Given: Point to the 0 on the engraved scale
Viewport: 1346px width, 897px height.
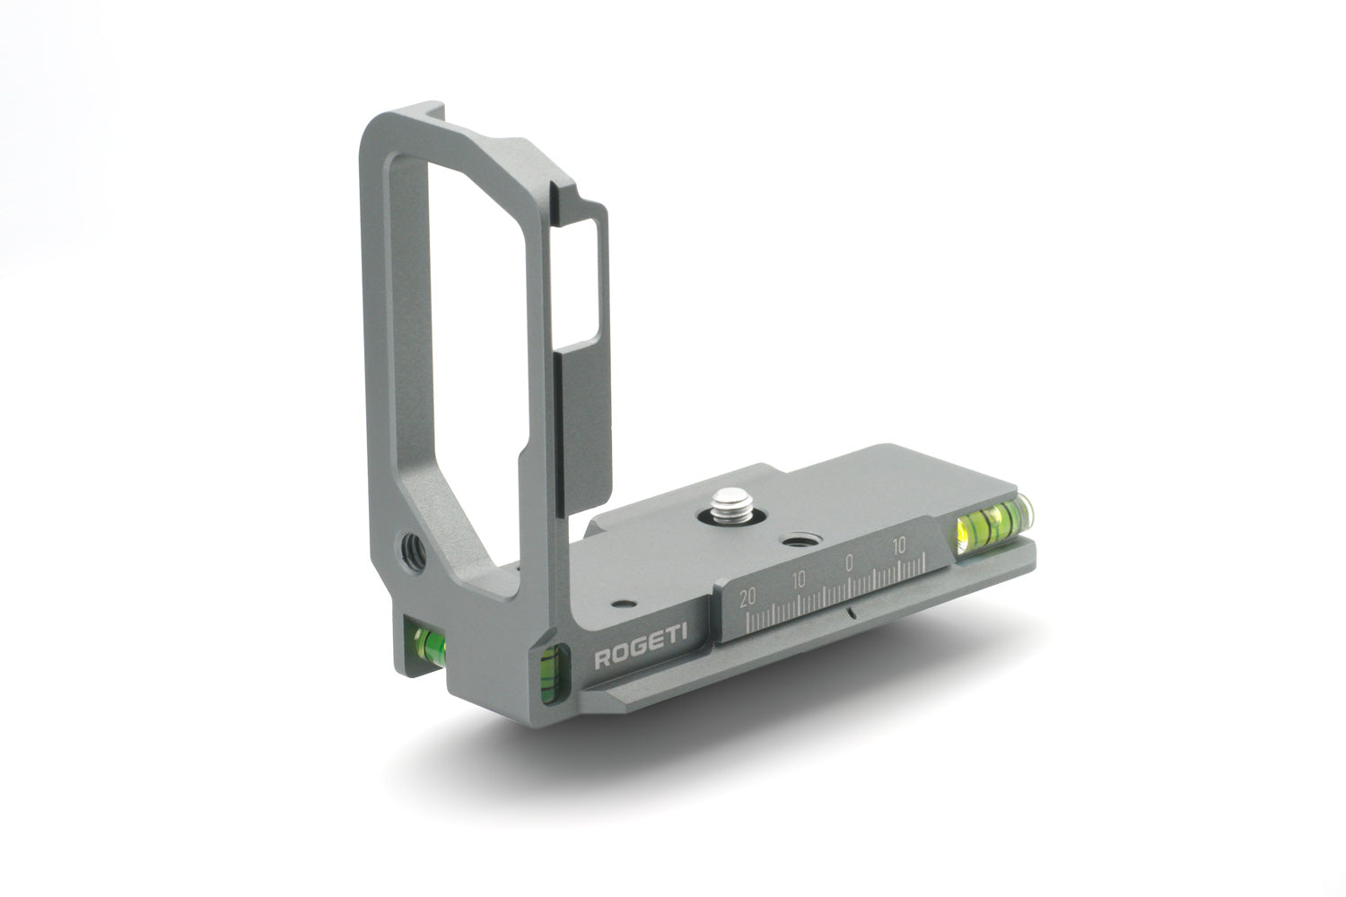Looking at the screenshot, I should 849,562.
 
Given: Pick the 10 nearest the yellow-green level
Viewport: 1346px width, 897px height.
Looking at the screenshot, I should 899,545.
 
